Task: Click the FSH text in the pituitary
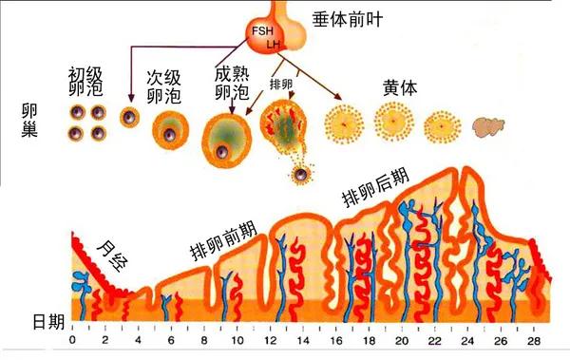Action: (x=262, y=31)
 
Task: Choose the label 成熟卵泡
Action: (x=233, y=83)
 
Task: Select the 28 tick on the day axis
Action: (x=536, y=341)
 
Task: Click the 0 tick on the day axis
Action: (x=73, y=341)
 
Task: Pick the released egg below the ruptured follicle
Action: (x=302, y=175)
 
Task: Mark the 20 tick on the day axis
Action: (x=403, y=341)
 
